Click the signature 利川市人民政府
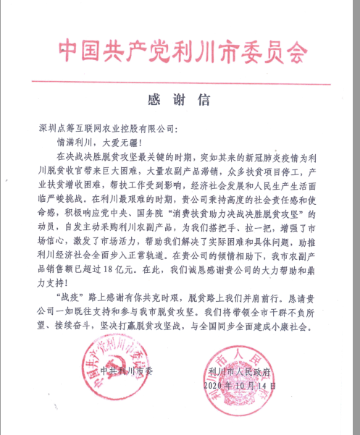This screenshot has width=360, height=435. click(x=240, y=373)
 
